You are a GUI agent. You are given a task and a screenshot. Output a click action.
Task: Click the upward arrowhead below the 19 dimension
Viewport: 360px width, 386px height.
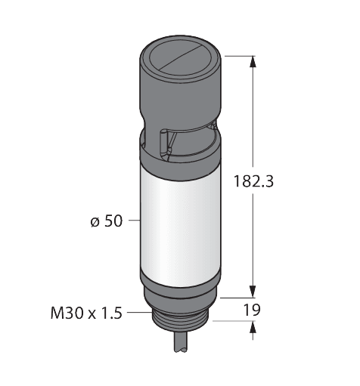click(x=253, y=326)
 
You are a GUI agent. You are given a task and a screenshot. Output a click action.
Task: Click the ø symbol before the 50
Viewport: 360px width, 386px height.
click(x=94, y=221)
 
